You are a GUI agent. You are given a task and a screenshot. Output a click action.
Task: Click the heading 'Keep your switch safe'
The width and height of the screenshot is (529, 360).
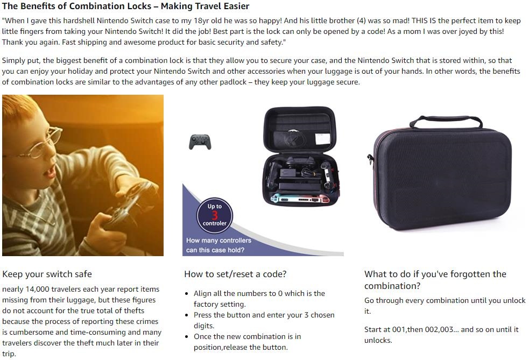[x=47, y=274]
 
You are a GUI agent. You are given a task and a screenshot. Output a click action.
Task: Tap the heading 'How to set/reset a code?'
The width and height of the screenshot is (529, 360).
[x=235, y=274]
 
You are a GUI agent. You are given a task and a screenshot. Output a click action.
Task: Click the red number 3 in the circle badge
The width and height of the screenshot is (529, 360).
[x=215, y=215]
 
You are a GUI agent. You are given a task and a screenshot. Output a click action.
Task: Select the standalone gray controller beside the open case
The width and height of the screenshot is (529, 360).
[x=200, y=142]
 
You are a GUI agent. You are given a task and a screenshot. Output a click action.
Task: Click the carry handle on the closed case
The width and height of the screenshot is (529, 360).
[x=446, y=121]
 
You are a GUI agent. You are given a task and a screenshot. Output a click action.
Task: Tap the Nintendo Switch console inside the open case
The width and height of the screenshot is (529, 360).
[x=300, y=199]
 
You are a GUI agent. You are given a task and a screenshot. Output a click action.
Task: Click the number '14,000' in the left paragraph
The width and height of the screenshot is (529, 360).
[x=37, y=289]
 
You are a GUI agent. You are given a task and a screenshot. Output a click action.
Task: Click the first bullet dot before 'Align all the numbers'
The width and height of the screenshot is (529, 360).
[x=187, y=294]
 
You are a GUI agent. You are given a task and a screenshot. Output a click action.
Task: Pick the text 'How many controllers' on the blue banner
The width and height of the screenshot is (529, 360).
[x=218, y=240]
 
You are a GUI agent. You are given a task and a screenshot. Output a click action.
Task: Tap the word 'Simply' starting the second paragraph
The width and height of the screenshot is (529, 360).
[x=13, y=61]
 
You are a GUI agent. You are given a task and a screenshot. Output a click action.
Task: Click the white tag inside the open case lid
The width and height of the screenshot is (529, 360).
[x=323, y=139]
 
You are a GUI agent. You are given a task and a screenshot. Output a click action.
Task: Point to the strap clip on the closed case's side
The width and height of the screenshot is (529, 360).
[x=370, y=159]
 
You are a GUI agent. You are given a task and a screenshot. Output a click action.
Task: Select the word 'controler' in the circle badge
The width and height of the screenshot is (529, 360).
[x=215, y=223]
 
